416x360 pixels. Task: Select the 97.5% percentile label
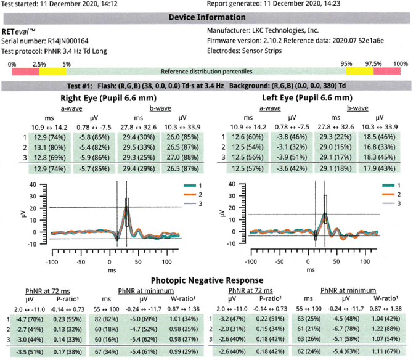pyautogui.click(x=373, y=64)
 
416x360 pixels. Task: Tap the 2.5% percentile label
pyautogui.click(x=39, y=64)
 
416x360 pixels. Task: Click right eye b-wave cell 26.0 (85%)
pyautogui.click(x=181, y=137)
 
